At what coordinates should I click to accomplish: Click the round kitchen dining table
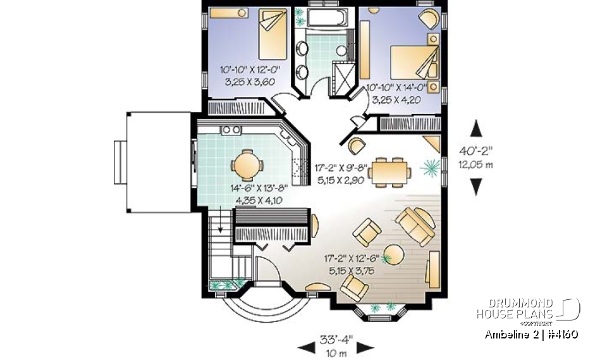coord(243,166)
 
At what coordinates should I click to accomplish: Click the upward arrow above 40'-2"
coord(476,129)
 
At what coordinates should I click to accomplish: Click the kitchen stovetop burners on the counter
coord(232,130)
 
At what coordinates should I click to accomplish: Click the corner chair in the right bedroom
coord(429,18)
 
